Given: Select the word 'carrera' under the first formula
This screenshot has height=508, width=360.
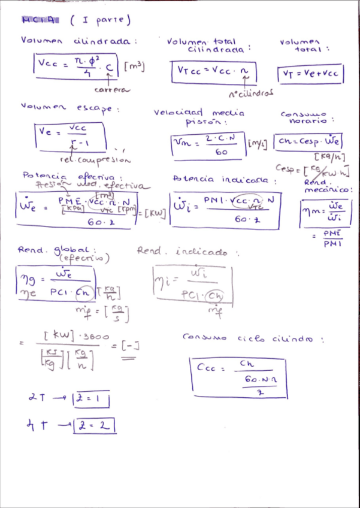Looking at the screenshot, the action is [x=111, y=89].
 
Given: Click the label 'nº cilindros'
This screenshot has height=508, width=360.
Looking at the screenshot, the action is [x=251, y=93].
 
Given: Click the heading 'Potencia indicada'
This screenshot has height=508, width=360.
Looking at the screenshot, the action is [x=224, y=179].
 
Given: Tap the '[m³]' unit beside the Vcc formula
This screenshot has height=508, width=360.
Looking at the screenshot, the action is [x=135, y=66].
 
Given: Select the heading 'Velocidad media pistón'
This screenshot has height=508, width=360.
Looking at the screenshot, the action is [x=199, y=117].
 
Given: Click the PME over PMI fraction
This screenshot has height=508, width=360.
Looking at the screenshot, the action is [x=331, y=238].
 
